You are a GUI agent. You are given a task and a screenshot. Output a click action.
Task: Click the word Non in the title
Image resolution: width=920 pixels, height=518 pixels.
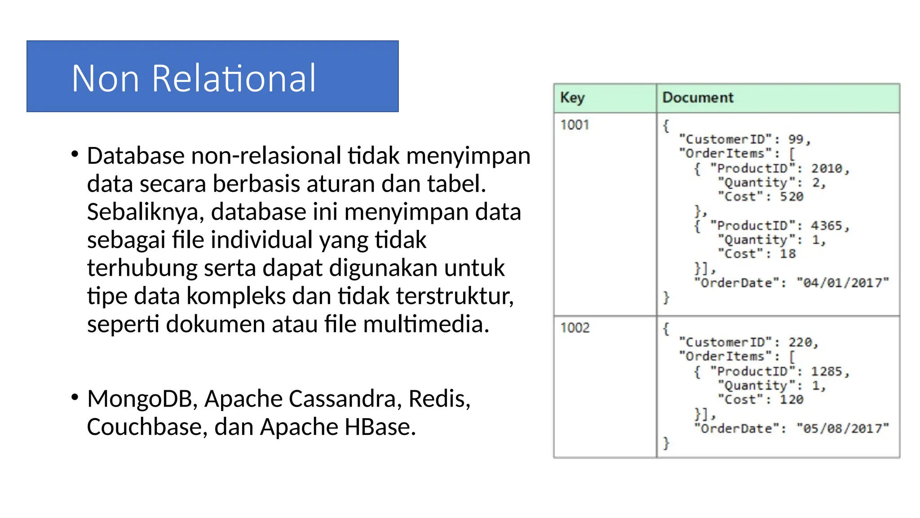tap(105, 79)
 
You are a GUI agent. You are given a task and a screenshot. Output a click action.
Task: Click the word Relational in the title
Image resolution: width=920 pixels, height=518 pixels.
tap(234, 79)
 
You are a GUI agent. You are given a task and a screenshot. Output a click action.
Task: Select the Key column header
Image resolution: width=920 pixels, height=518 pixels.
tap(572, 98)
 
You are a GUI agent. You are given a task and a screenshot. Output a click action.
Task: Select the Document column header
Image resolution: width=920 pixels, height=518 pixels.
tap(698, 98)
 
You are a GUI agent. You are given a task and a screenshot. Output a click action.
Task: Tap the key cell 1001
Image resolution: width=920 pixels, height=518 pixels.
tap(575, 125)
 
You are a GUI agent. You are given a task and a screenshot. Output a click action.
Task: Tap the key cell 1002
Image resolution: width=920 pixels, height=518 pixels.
tap(575, 327)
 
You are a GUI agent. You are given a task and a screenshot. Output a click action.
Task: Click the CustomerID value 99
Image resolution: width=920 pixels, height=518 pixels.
tap(796, 139)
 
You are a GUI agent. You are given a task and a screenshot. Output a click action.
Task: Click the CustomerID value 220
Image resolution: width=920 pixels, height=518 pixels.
tap(800, 342)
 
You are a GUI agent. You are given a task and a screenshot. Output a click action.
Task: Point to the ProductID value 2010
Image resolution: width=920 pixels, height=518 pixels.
tap(827, 168)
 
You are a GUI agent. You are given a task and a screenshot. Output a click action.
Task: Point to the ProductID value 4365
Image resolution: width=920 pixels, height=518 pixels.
tap(827, 225)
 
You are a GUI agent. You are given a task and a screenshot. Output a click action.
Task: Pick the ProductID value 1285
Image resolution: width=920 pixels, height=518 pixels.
tap(827, 371)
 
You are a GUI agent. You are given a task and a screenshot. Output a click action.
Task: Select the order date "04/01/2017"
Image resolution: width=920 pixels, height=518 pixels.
tap(842, 282)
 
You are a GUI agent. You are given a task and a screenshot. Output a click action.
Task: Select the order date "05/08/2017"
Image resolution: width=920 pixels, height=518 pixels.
tap(842, 428)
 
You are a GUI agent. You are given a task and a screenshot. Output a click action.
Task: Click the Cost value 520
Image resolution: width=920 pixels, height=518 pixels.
tap(792, 196)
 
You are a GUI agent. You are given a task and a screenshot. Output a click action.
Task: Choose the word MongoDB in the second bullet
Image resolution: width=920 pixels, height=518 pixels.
tap(142, 399)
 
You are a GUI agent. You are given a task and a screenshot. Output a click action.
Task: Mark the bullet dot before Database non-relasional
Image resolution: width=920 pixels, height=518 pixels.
tap(75, 154)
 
